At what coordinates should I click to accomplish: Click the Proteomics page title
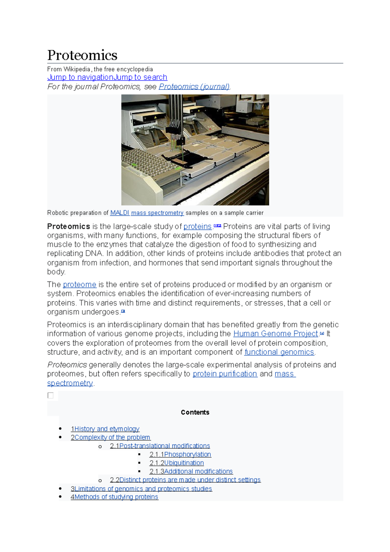coord(82,55)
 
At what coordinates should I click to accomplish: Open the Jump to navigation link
coord(80,77)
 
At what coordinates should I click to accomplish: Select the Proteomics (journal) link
coord(194,87)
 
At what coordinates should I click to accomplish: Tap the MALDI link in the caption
coord(120,213)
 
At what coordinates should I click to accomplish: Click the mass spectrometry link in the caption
coord(157,213)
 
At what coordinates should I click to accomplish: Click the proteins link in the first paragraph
coord(197,227)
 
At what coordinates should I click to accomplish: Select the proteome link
coord(79,285)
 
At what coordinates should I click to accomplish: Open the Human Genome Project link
coord(275,334)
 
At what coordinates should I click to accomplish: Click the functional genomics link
coord(279,352)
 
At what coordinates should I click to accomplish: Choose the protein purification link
coord(225,374)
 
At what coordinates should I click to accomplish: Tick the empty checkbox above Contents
coord(51,396)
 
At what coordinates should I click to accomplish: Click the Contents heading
coord(195,413)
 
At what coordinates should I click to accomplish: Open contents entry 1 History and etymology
coord(105,429)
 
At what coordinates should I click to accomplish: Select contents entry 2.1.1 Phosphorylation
coord(180,454)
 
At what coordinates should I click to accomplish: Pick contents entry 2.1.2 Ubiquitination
coord(176,463)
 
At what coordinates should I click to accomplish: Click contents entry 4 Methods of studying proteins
coord(114,497)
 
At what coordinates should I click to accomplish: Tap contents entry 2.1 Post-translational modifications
coord(160,446)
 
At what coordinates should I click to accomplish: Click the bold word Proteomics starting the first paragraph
coord(69,227)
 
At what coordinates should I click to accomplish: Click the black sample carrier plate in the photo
coord(185,161)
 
